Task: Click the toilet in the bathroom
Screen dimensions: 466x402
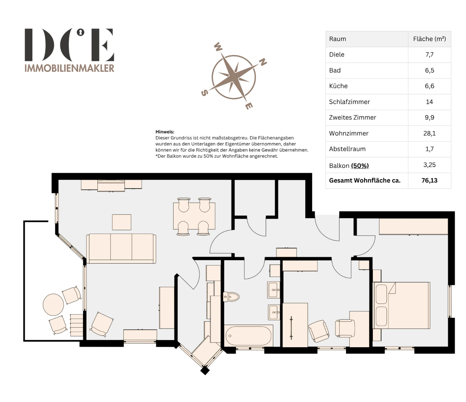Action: (x=231, y=297)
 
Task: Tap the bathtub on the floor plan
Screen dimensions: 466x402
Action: (x=248, y=336)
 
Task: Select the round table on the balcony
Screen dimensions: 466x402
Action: (x=53, y=305)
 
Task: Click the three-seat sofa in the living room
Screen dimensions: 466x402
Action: (x=121, y=248)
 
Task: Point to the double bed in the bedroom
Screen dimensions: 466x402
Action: (x=401, y=306)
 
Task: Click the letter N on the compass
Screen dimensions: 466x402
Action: (x=263, y=62)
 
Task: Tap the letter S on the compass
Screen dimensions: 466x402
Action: (x=204, y=93)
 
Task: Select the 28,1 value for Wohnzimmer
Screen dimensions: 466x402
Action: (x=429, y=133)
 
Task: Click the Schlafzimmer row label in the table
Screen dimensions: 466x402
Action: (x=349, y=102)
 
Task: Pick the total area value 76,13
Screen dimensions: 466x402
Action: (x=429, y=180)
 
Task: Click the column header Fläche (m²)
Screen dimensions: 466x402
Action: (x=429, y=39)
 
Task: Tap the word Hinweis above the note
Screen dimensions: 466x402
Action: (x=165, y=132)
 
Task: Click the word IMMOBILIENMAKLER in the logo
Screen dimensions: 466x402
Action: (x=69, y=68)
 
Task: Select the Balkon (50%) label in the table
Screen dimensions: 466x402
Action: (x=349, y=166)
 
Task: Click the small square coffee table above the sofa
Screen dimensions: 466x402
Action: (x=122, y=222)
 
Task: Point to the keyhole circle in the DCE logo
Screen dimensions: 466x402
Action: (x=80, y=32)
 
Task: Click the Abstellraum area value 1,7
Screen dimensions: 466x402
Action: (x=429, y=149)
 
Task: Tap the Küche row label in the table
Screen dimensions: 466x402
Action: (x=338, y=86)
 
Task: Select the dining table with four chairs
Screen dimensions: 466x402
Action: (x=194, y=216)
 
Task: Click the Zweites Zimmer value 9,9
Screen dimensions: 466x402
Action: (x=429, y=117)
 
